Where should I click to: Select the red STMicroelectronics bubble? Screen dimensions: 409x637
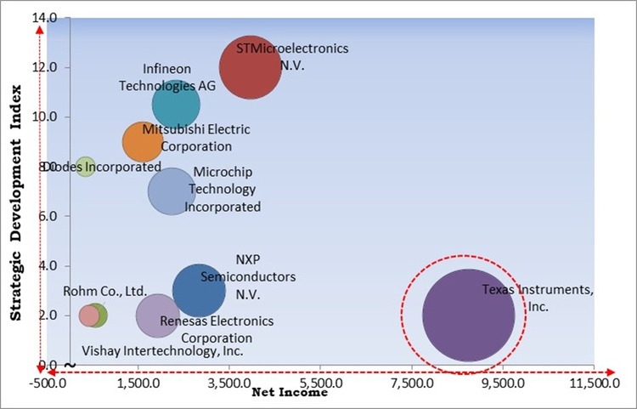(x=250, y=68)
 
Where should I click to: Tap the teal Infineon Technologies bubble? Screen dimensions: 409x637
(x=176, y=105)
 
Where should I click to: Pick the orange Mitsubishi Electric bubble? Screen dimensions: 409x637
(x=142, y=142)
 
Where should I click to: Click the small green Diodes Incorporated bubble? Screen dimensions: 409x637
(x=85, y=167)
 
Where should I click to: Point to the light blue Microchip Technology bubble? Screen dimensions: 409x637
(x=172, y=191)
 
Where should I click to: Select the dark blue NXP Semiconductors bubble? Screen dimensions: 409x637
(x=199, y=290)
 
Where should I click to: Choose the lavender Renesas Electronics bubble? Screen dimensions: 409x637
(x=157, y=315)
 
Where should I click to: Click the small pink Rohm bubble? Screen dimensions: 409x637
(x=88, y=315)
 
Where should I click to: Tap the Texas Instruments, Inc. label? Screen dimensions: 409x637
(x=538, y=298)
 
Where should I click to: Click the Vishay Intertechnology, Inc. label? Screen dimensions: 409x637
(x=162, y=350)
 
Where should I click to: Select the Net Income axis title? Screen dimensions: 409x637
(x=289, y=393)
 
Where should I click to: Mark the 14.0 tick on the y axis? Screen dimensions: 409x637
(x=48, y=18)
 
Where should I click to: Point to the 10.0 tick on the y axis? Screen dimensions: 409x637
(x=48, y=116)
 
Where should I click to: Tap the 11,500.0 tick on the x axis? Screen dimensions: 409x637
(x=592, y=383)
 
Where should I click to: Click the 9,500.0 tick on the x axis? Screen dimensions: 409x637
(x=504, y=383)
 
